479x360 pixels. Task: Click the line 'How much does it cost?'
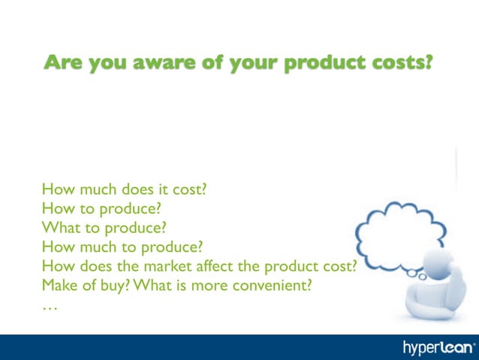click(124, 189)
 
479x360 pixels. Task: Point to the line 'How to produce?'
click(102, 208)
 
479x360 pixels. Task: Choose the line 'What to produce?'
click(104, 227)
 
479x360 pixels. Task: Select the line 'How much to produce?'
click(122, 247)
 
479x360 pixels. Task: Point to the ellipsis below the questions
click(50, 307)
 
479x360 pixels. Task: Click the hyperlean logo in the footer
click(438, 347)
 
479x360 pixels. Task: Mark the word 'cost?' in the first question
click(188, 189)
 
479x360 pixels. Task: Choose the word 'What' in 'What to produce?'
click(59, 227)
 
